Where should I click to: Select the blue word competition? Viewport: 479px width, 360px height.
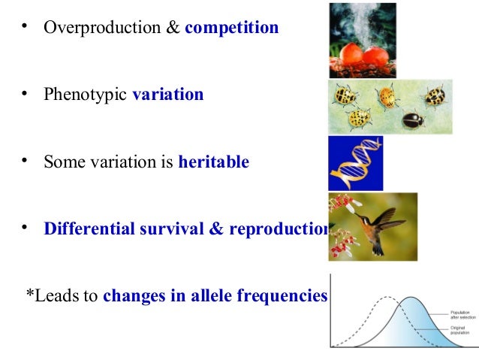click(x=231, y=28)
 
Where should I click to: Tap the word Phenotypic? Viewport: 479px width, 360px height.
click(x=85, y=95)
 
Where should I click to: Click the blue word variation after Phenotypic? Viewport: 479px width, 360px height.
click(x=167, y=95)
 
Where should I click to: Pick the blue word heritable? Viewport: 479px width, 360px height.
click(x=213, y=162)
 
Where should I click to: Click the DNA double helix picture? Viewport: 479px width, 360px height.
click(x=355, y=163)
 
